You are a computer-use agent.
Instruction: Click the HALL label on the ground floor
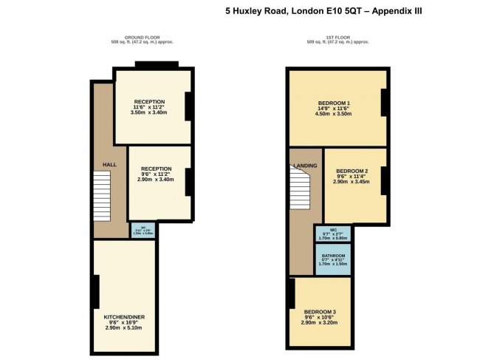pos(109,164)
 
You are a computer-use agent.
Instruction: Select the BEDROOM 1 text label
pos(334,102)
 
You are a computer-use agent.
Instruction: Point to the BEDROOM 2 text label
pos(352,170)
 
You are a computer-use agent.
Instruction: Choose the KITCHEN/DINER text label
pos(123,316)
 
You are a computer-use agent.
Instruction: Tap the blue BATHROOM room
pos(333,259)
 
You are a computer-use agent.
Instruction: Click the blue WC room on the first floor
pos(333,234)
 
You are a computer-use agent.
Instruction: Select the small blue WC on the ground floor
pos(142,231)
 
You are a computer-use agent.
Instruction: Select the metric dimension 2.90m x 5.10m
pos(123,327)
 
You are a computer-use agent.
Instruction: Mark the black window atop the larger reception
pos(156,64)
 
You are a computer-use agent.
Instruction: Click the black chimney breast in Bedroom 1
pos(383,103)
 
